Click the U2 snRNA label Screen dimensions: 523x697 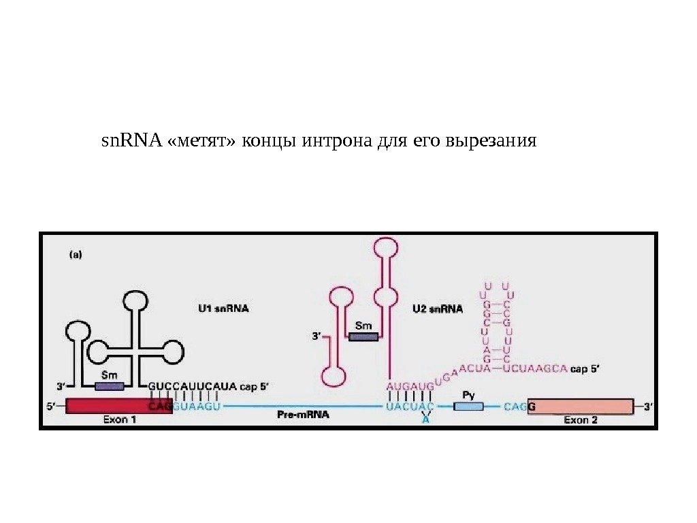tap(438, 308)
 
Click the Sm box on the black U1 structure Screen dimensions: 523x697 tap(109, 386)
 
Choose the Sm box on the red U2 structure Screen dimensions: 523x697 tap(363, 336)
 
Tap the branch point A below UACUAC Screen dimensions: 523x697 tap(425, 420)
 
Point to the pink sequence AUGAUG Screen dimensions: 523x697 tap(410, 386)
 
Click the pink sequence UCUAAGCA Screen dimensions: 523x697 tap(539, 368)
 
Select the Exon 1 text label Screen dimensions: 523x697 tap(120, 420)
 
